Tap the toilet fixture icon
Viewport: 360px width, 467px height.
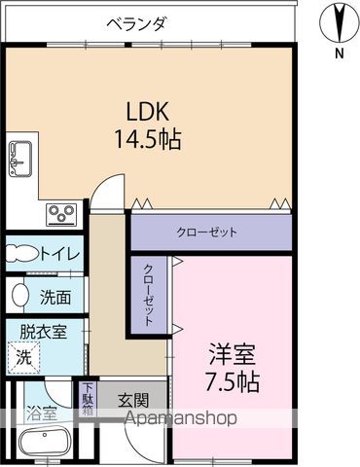pyautogui.click(x=19, y=253)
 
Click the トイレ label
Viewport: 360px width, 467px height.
pyautogui.click(x=61, y=254)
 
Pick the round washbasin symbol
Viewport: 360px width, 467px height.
pyautogui.click(x=19, y=294)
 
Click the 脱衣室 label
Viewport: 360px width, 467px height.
pyautogui.click(x=46, y=332)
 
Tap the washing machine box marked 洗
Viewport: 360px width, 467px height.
pyautogui.click(x=22, y=357)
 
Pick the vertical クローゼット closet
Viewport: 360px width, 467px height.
pyautogui.click(x=149, y=294)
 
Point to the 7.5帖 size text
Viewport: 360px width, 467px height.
pyautogui.click(x=231, y=381)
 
